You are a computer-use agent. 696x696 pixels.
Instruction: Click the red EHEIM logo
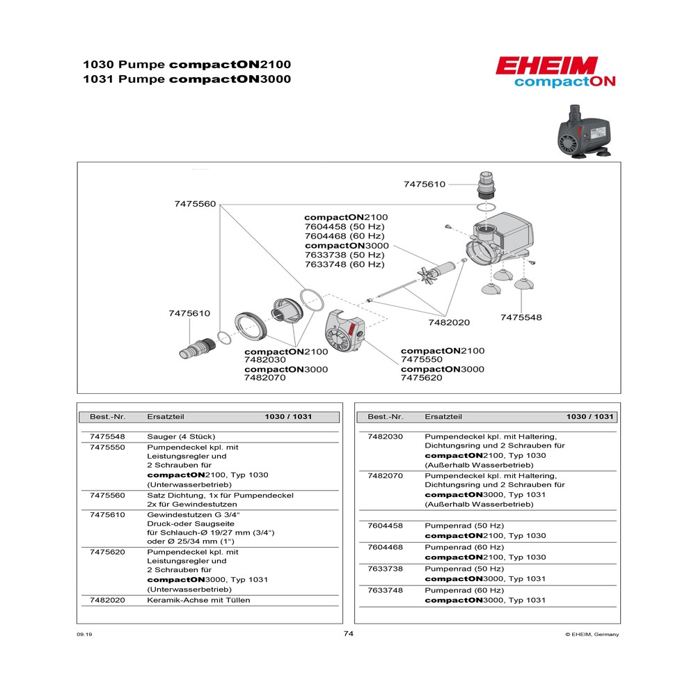click(546, 65)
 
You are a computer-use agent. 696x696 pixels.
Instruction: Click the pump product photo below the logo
click(584, 132)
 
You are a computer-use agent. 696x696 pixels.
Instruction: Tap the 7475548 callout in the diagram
click(521, 317)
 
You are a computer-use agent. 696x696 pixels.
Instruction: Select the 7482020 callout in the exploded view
click(449, 323)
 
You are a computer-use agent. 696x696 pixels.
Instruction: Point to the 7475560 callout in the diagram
click(195, 204)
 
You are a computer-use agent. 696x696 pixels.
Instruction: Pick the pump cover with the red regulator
click(345, 336)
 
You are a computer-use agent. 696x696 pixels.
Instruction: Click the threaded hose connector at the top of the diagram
click(486, 184)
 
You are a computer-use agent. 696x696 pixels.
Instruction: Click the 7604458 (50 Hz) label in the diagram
click(345, 227)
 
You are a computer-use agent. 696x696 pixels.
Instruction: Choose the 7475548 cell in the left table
click(107, 437)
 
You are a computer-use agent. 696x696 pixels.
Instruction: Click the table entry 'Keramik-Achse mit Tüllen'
click(198, 600)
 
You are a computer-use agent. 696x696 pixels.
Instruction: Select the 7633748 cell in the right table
click(386, 590)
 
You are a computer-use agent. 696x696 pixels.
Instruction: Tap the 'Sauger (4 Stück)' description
click(181, 437)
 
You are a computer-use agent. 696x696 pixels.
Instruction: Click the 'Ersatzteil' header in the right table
click(443, 417)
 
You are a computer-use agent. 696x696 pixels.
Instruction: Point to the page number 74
click(349, 634)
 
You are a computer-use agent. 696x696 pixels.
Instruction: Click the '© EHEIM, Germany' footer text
click(592, 634)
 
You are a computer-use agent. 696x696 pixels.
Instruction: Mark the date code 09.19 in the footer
click(84, 634)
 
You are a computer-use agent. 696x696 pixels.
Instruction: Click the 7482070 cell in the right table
click(386, 476)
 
